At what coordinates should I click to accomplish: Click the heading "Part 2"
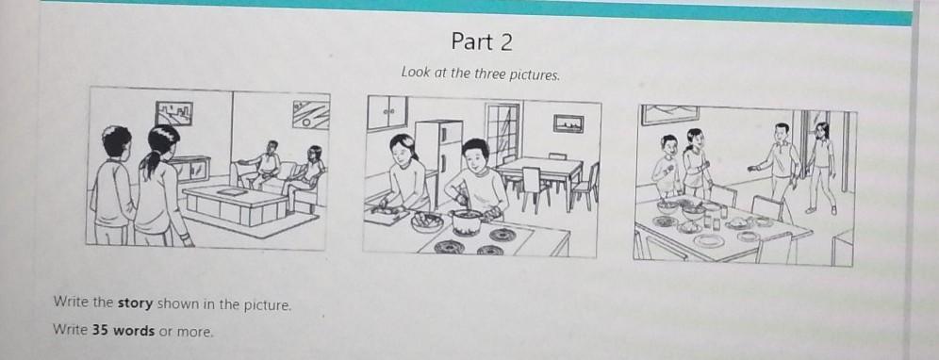(482, 41)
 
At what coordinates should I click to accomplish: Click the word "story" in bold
(135, 303)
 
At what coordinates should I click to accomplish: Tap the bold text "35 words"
(123, 331)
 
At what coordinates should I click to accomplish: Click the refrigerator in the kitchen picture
(439, 157)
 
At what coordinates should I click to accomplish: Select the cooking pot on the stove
(467, 221)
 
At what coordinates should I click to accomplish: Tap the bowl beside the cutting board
(427, 222)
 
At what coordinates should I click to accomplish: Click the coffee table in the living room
(235, 205)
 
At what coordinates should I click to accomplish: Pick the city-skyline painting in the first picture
(174, 113)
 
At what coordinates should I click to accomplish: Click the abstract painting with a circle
(311, 115)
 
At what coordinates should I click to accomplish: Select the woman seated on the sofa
(305, 173)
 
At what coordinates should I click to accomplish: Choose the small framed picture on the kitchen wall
(568, 123)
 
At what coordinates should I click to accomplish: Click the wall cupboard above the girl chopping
(387, 112)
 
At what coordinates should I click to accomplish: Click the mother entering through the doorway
(822, 165)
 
